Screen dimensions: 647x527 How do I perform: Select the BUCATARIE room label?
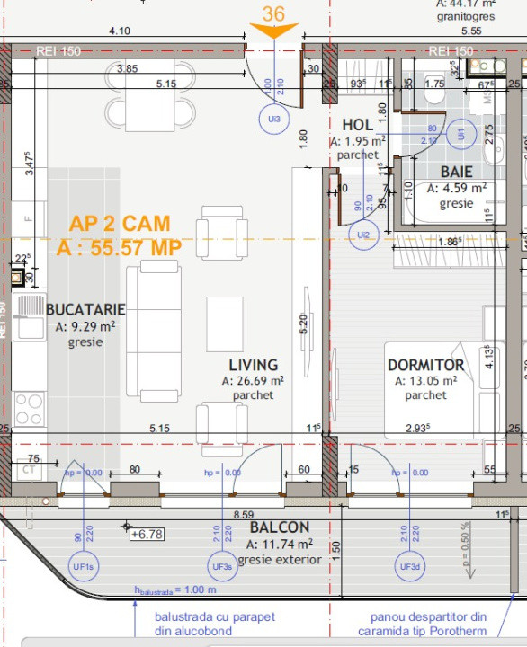pos(85,309)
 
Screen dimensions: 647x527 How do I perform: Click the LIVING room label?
pos(253,365)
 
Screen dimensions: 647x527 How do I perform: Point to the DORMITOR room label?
pos(425,365)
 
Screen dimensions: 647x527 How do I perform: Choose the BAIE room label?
pos(457,172)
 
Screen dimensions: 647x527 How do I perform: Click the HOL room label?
pos(357,124)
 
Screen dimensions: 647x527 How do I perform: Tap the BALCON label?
pos(280,527)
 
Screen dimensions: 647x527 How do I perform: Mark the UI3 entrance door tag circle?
pos(273,119)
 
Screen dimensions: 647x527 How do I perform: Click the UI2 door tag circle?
pos(363,235)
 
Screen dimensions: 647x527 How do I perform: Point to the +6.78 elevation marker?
pos(147,534)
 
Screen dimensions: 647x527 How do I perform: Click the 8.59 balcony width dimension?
pos(243,514)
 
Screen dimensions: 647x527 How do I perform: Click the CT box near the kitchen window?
pos(29,469)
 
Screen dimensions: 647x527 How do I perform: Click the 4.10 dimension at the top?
pos(119,31)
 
